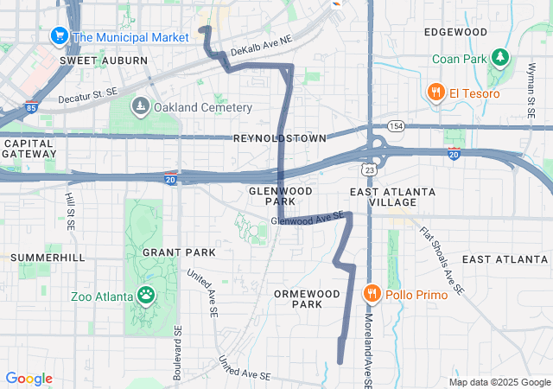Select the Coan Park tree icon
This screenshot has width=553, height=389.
pos(499,58)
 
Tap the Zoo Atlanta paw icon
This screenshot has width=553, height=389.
pos(148,297)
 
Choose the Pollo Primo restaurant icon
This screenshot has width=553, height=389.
pos(372,295)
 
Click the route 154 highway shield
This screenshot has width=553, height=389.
pos(397,125)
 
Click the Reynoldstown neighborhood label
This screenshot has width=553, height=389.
pos(279,138)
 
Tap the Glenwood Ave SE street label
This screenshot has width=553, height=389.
pos(308,219)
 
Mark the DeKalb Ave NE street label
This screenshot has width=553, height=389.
pos(260,45)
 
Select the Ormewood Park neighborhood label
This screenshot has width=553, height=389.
pos(298,298)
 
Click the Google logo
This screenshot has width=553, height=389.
pos(29,379)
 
